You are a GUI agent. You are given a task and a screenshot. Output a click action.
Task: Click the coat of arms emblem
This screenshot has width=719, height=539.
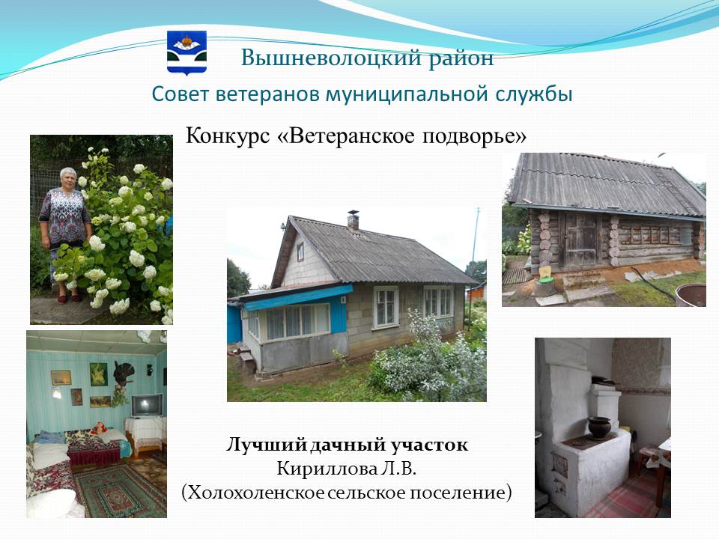tap(186, 52)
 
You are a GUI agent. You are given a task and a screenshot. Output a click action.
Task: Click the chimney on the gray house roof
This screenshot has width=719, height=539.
tap(353, 219)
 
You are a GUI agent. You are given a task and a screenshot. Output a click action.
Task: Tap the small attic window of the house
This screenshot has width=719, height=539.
tap(300, 252)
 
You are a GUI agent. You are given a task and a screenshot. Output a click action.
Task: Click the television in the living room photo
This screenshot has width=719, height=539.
tap(148, 405)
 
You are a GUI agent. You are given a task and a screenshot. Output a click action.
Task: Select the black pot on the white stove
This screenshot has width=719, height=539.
tap(599, 428)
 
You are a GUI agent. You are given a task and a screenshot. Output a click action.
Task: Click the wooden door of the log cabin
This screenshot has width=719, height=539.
tap(580, 240)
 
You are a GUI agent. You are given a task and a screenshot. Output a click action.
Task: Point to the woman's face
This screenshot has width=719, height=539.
tap(68, 177)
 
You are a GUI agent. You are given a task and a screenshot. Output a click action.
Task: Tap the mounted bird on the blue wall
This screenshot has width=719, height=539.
tap(123, 373)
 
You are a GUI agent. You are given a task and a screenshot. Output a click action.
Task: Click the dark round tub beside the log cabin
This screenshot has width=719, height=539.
tap(691, 295)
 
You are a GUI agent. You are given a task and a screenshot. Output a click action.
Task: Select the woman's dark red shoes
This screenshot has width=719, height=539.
tap(68, 299)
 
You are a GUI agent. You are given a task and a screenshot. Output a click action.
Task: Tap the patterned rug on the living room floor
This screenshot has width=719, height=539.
tap(120, 490)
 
